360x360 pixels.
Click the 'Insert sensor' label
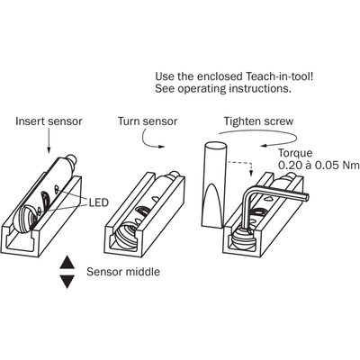[49, 121]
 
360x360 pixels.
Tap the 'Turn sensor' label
[148, 121]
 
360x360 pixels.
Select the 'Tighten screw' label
[258, 121]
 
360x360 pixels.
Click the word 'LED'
[98, 202]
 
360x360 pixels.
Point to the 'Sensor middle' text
[123, 272]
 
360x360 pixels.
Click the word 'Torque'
[295, 154]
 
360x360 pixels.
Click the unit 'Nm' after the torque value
[351, 166]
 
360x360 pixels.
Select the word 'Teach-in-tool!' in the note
[280, 76]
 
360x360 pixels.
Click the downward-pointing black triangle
[67, 282]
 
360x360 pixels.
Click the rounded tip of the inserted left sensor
[71, 158]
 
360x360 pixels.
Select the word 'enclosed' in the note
[220, 76]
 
